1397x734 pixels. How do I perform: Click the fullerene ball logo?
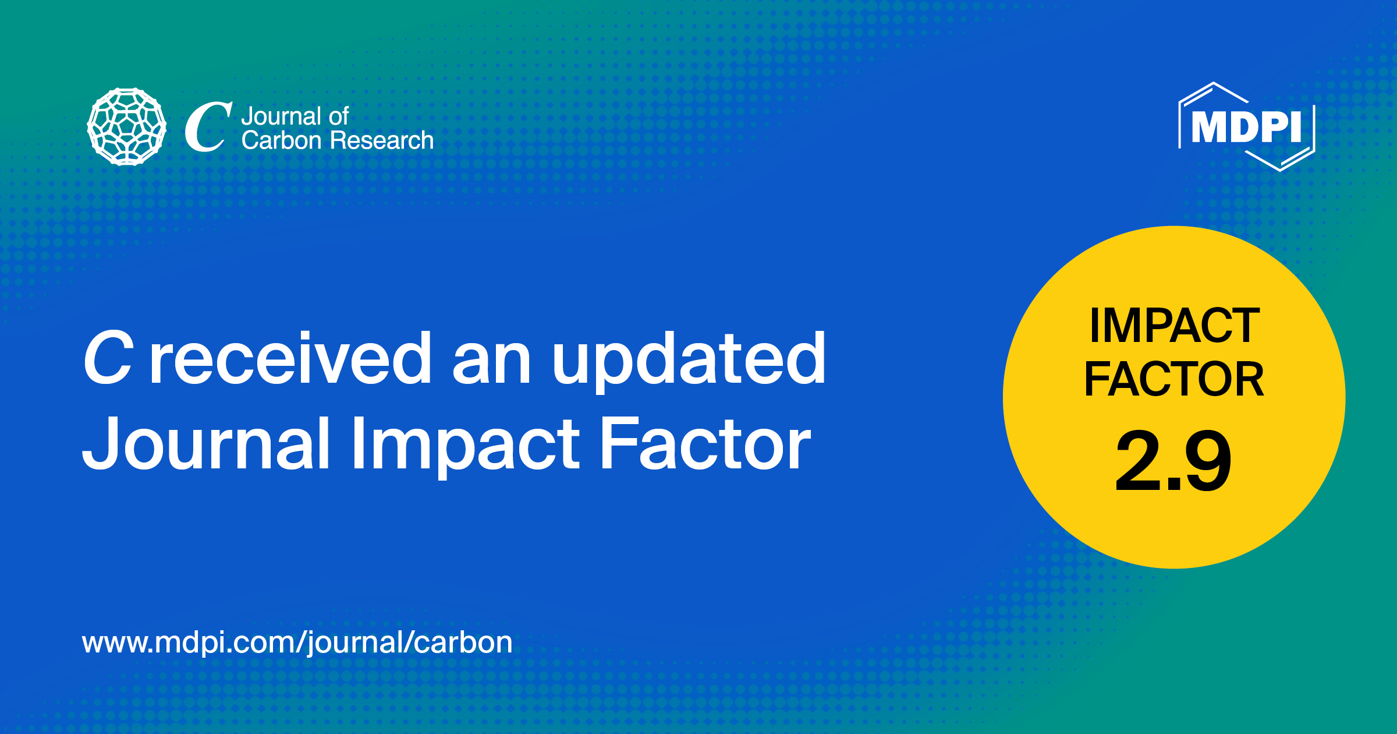click(127, 126)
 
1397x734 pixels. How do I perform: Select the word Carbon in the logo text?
click(282, 140)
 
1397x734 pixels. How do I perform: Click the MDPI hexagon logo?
click(1246, 126)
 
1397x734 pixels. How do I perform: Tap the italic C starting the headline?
click(109, 358)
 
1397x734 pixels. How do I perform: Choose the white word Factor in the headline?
click(705, 444)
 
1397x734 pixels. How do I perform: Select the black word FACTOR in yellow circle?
click(1173, 379)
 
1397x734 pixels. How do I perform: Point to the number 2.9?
click(1173, 460)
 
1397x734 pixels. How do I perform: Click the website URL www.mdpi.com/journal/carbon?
click(297, 643)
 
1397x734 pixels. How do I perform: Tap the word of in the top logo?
click(338, 117)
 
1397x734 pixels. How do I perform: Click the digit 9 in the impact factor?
click(1208, 460)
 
